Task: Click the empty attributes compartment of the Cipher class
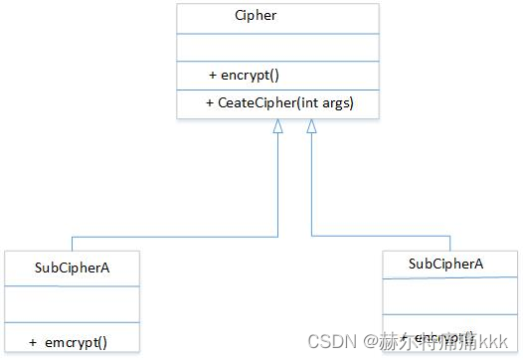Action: [277, 47]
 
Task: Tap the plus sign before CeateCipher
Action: [210, 102]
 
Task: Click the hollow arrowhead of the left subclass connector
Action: [278, 126]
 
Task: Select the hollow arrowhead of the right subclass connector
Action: [311, 126]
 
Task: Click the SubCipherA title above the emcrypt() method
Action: [72, 267]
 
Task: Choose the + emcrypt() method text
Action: [69, 342]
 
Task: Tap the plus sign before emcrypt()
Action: [33, 342]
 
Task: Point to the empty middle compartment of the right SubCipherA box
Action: [449, 296]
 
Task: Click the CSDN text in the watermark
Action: [330, 341]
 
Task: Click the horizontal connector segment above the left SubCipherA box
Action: [174, 237]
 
